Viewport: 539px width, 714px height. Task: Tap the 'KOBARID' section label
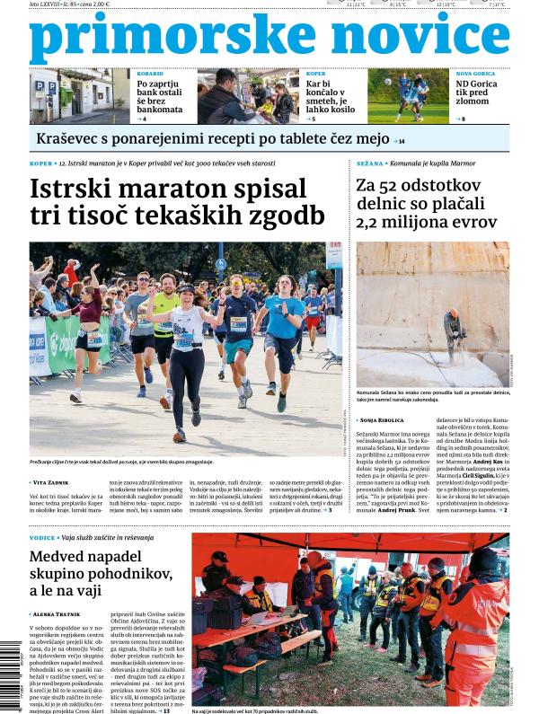click(x=149, y=74)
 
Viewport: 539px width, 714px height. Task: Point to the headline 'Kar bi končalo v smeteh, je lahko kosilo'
click(x=330, y=97)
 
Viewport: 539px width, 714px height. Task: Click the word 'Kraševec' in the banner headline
click(x=67, y=139)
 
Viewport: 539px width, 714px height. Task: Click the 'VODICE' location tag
click(x=42, y=537)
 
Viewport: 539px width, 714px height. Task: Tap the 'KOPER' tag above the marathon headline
click(x=41, y=164)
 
